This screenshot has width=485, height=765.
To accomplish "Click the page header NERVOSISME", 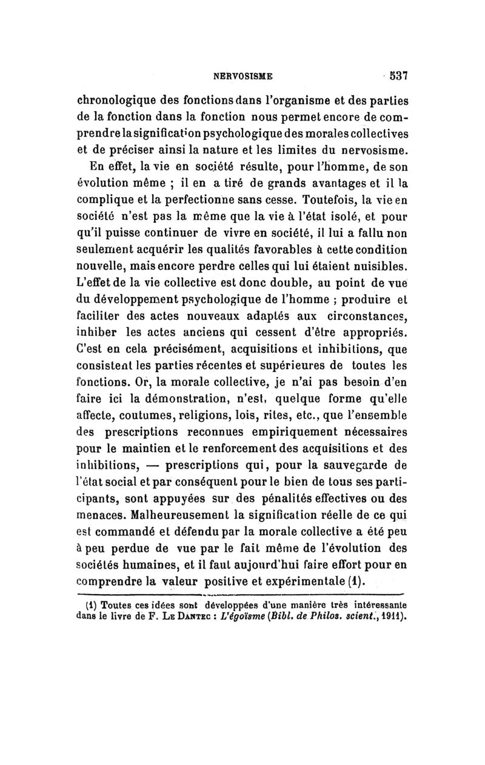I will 241,77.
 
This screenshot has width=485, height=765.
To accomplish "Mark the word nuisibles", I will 376,265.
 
